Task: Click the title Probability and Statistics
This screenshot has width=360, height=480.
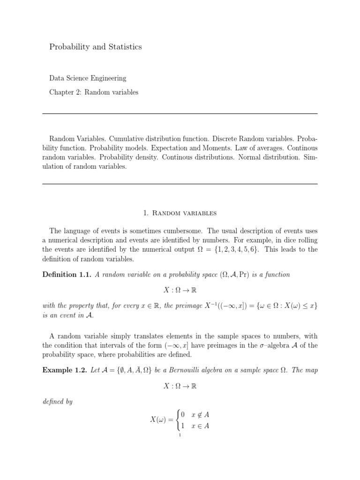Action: [x=96, y=47]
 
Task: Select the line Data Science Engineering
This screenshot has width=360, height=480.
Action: [x=88, y=78]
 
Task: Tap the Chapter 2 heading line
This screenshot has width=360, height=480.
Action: [x=94, y=92]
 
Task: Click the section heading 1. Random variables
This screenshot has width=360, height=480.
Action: [x=180, y=213]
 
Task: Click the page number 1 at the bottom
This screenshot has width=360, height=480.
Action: [x=180, y=435]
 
